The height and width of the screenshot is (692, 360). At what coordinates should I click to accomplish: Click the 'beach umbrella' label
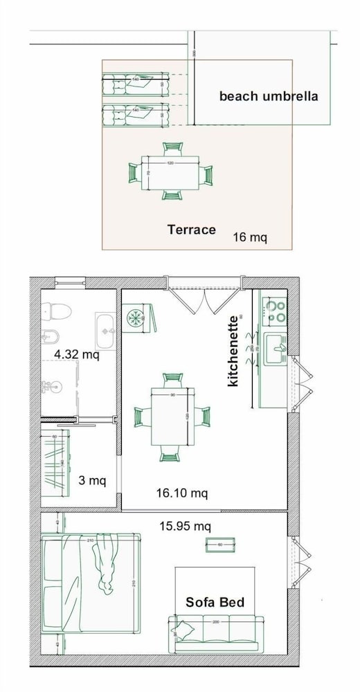[x=269, y=96]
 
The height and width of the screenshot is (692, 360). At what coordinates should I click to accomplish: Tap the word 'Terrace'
[x=192, y=230]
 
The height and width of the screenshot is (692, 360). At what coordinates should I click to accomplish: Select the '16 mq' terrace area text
[x=250, y=237]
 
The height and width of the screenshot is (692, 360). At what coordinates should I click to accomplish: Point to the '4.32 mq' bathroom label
[x=77, y=355]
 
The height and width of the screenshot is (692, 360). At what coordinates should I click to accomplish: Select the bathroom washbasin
[x=106, y=331]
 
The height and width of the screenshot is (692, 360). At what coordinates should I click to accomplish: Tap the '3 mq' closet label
[x=91, y=480]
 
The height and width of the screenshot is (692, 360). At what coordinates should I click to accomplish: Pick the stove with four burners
[x=276, y=310]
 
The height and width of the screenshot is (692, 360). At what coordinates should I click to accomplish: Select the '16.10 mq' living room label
[x=181, y=493]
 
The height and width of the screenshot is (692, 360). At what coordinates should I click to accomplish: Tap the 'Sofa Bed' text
[x=215, y=602]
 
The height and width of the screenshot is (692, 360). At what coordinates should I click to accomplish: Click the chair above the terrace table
[x=172, y=148]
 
